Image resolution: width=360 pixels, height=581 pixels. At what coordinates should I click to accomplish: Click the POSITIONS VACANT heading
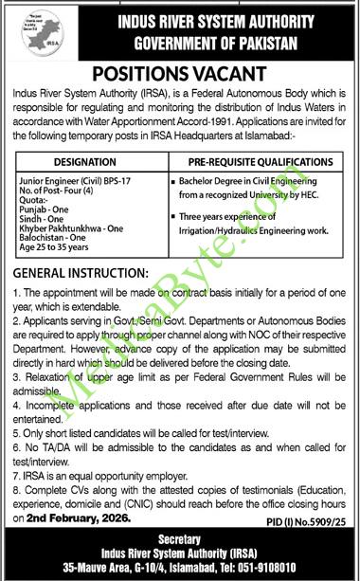180,75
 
